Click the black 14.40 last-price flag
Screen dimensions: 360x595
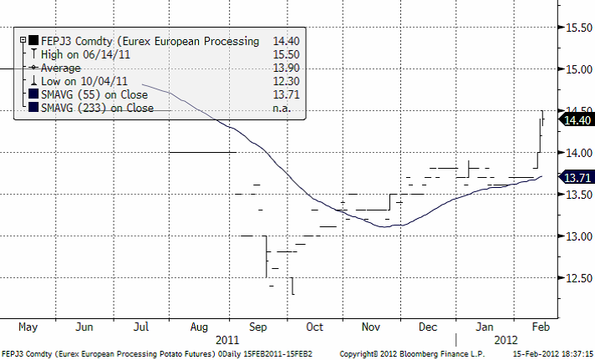coord(577,120)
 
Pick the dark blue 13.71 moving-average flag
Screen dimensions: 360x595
coord(577,178)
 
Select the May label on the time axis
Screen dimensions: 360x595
coord(28,327)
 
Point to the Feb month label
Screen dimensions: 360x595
coord(541,327)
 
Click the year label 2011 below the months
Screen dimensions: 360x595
coord(227,340)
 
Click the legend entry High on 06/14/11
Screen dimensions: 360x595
coord(75,53)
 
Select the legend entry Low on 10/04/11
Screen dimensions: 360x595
coord(75,80)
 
